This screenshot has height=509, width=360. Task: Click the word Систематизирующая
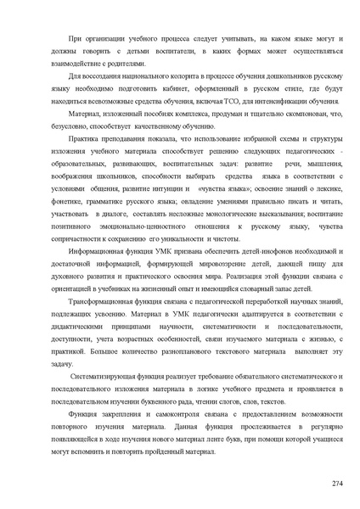(x=106, y=375)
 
